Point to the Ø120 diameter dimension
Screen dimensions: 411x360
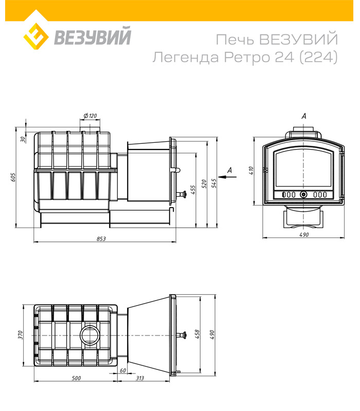[x=89, y=116]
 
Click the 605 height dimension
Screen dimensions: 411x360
[x=14, y=177]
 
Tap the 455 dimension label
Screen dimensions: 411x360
[x=193, y=189]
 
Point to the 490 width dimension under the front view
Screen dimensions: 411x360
[x=303, y=235]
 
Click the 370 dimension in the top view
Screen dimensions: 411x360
[x=21, y=335]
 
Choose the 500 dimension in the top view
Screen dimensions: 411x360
[x=76, y=378]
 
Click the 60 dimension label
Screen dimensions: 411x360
[x=122, y=370]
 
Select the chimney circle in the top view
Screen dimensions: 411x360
[x=91, y=335]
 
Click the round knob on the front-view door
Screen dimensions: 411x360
[x=303, y=195]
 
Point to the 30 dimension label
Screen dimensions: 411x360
[x=23, y=139]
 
